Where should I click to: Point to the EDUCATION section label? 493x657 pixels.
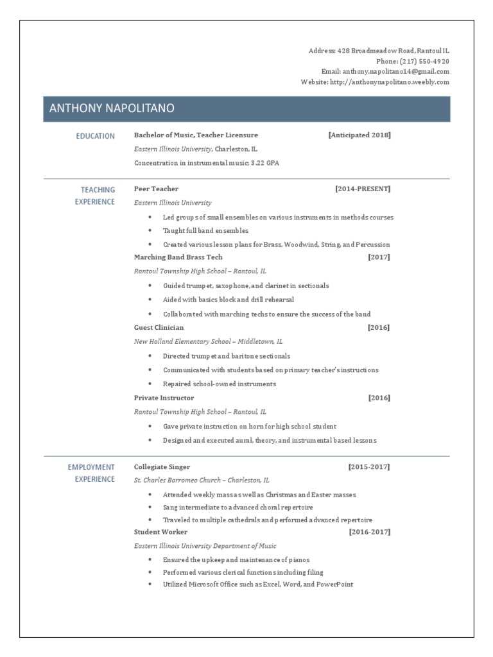[95, 136]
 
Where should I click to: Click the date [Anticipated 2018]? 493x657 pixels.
[359, 135]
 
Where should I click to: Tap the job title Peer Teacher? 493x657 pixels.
[156, 189]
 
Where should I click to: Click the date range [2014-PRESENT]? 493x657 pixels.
[362, 189]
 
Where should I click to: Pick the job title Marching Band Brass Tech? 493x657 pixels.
[178, 257]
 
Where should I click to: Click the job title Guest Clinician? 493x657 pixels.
[159, 327]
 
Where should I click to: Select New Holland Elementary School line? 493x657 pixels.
[208, 341]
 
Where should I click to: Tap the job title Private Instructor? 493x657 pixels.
[164, 398]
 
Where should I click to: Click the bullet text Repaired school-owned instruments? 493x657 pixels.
[219, 384]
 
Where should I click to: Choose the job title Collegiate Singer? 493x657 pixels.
[162, 466]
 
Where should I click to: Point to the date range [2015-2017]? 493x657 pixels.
[369, 466]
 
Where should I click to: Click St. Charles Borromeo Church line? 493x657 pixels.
[202, 480]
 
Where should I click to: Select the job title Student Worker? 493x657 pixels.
[160, 532]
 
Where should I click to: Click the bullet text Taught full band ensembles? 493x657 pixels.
[205, 230]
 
